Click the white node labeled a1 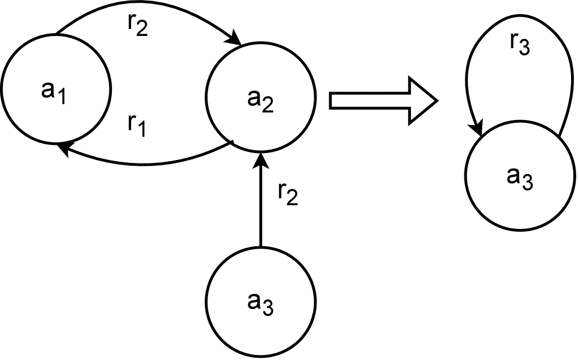point(56,89)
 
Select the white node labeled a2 point(261,97)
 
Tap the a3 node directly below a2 point(261,301)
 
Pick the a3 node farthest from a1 point(519,176)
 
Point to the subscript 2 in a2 point(266,104)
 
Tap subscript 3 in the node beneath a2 point(267,309)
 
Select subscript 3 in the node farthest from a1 point(526,183)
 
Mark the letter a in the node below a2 point(254,301)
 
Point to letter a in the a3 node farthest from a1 point(513,175)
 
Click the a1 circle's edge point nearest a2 point(109,91)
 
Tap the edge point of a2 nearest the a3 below point(261,150)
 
